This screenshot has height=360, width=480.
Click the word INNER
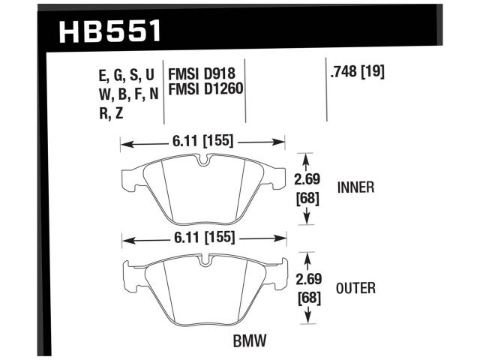356,187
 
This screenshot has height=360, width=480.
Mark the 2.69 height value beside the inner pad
307,179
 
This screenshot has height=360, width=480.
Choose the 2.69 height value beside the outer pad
307,279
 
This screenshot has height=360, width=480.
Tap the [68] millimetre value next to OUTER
307,297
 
